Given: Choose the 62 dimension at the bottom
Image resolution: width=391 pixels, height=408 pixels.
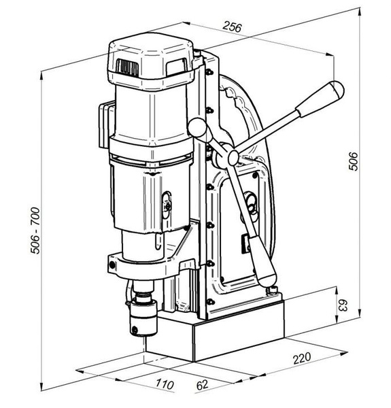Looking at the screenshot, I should coord(202,385).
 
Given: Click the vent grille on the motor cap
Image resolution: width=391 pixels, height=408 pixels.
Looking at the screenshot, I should coord(126,67).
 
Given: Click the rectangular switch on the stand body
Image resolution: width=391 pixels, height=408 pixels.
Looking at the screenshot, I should coord(247,242).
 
